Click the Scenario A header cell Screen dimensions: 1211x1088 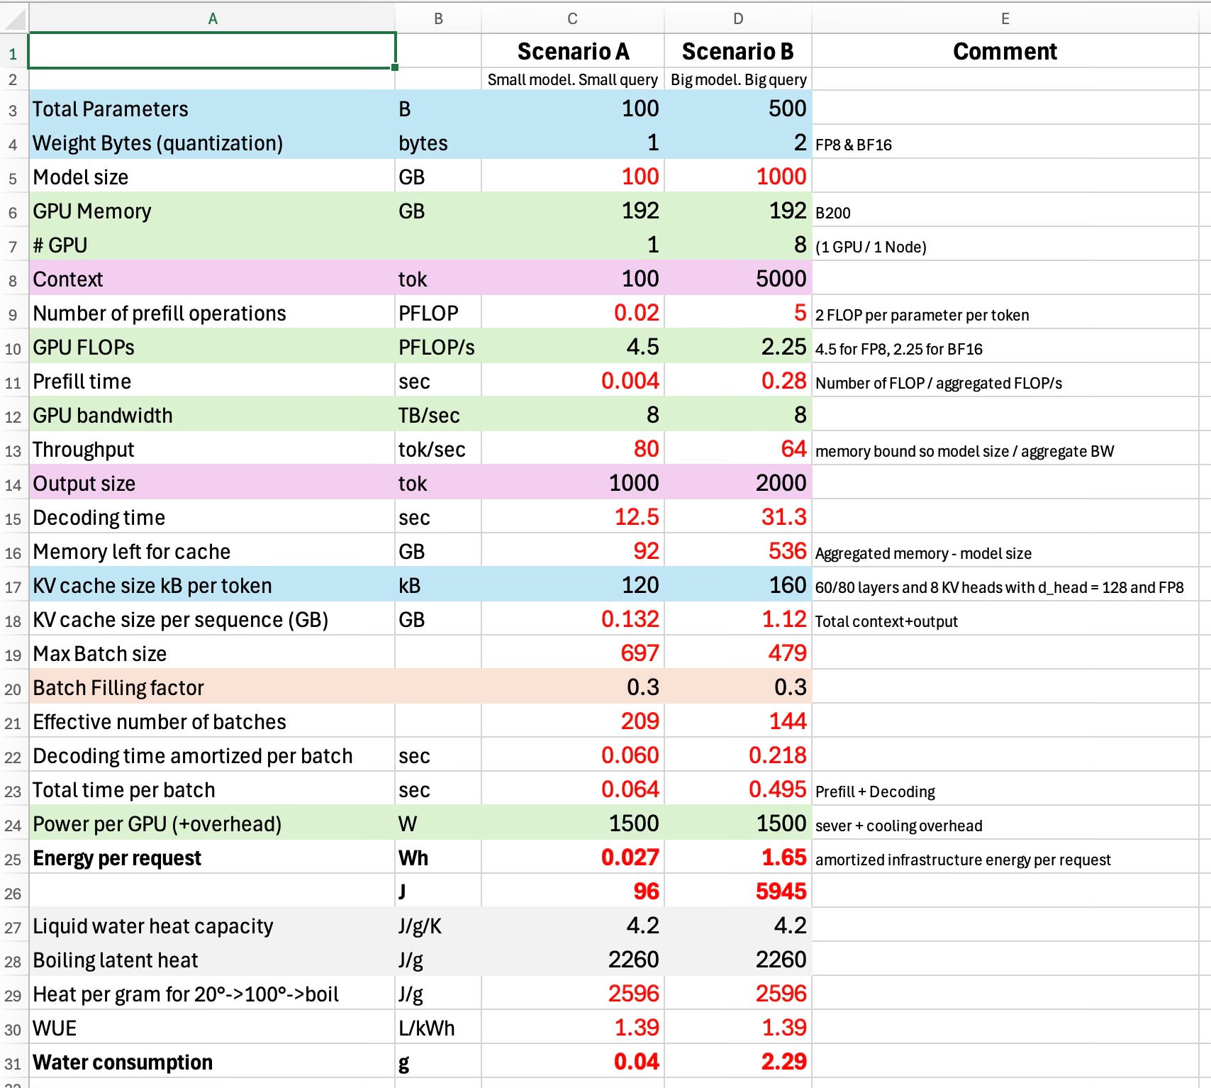tap(573, 51)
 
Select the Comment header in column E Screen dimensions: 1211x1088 tap(1005, 51)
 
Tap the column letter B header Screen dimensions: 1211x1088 tap(438, 19)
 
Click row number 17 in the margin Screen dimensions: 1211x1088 tap(13, 587)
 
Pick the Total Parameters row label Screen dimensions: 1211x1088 tap(111, 109)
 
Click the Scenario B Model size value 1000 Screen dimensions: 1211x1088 tap(781, 177)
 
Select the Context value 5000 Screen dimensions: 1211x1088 tap(781, 279)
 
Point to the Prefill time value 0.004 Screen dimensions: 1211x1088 tap(630, 381)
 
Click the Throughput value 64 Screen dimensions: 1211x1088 tap(793, 449)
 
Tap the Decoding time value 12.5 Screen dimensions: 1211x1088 tap(637, 517)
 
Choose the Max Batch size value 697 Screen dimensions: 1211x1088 tap(640, 653)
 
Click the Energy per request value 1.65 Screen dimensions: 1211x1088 tap(783, 857)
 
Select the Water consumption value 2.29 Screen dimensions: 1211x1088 tap(783, 1062)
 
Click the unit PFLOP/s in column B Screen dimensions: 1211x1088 tap(437, 348)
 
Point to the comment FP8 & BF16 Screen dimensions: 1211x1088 tap(854, 145)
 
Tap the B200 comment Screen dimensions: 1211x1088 tap(833, 213)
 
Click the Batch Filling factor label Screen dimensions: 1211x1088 tap(118, 688)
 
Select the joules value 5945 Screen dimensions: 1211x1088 tap(781, 892)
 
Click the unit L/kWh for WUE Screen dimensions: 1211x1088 tap(427, 1028)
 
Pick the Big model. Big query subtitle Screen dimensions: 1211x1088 tap(739, 79)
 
